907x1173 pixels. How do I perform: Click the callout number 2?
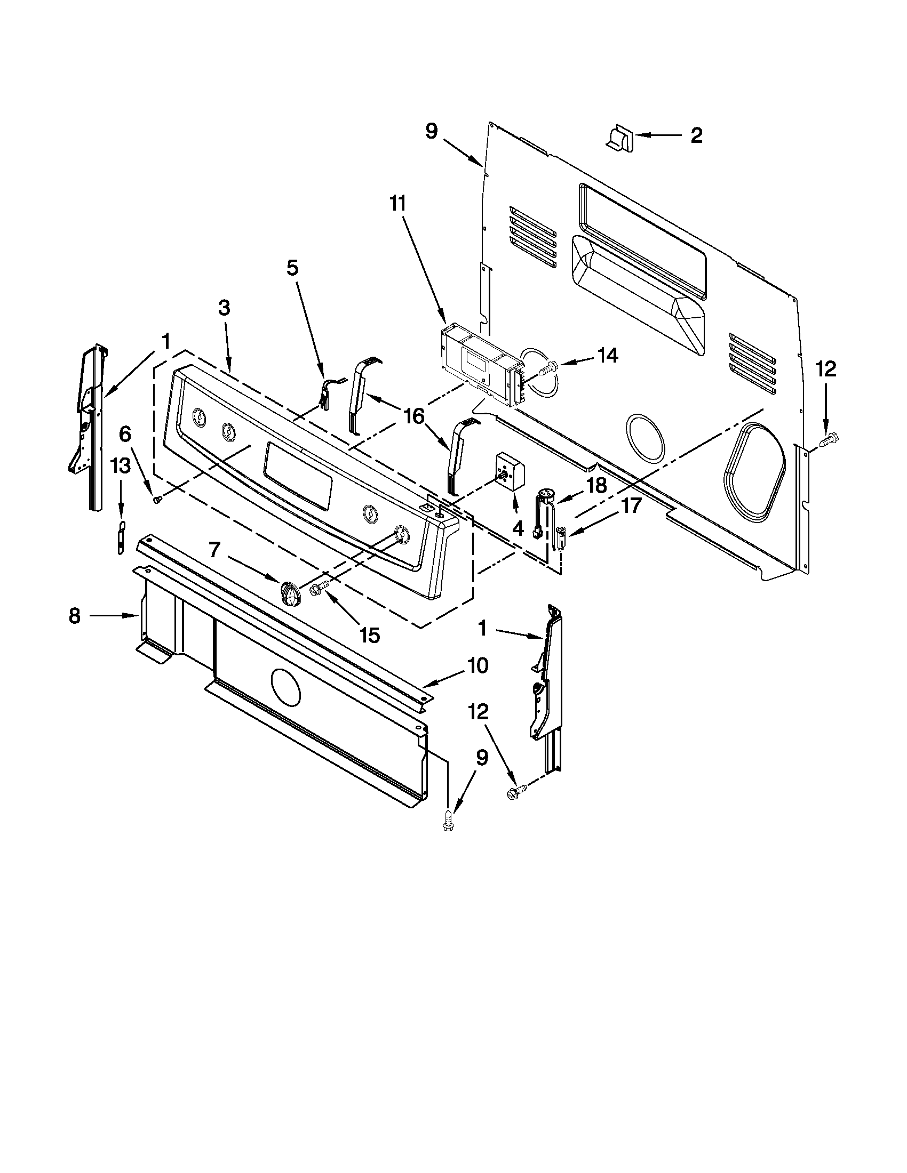[x=696, y=136]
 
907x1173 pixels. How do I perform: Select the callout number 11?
[x=398, y=205]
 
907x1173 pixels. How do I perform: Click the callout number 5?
[x=292, y=268]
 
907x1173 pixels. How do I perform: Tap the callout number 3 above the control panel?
[x=224, y=308]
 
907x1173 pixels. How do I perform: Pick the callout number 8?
[x=75, y=616]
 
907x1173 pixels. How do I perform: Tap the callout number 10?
[x=478, y=666]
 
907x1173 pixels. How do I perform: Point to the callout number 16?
[x=414, y=416]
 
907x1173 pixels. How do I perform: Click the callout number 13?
[x=121, y=466]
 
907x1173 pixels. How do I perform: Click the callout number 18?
[x=596, y=486]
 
